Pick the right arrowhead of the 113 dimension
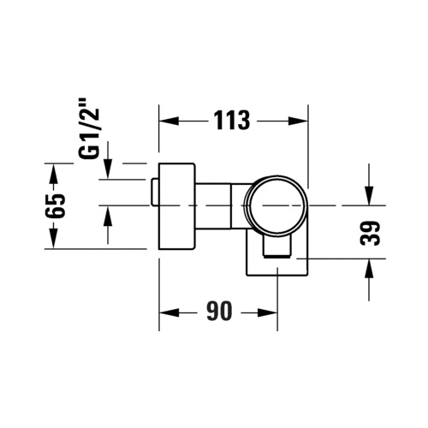point(299,121)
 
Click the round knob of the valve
point(273,205)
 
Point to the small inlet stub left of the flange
point(153,193)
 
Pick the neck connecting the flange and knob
point(218,205)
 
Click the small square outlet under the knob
point(276,250)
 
